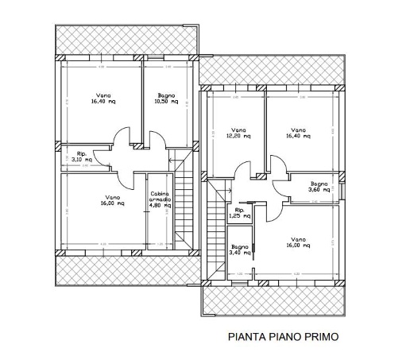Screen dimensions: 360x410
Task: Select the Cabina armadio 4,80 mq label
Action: [x=159, y=199]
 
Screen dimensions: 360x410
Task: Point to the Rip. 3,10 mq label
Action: [x=81, y=157]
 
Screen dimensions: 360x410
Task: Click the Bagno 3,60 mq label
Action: [x=319, y=186]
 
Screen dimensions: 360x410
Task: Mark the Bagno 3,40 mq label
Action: [x=240, y=250]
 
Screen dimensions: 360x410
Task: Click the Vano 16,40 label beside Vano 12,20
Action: [x=298, y=133]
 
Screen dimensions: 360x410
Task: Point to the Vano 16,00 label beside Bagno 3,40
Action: [x=298, y=243]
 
